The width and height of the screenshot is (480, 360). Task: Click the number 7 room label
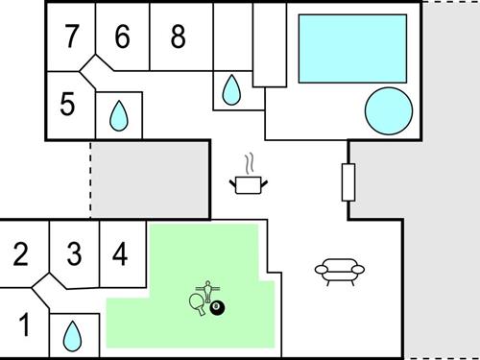(71, 36)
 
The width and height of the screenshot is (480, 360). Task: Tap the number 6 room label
(121, 36)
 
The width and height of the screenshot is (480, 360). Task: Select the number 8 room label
(178, 36)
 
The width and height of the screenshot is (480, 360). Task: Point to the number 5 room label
(66, 104)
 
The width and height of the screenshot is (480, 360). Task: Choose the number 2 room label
(21, 254)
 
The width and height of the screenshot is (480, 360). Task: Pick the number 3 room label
(74, 254)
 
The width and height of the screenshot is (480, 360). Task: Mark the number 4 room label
(120, 254)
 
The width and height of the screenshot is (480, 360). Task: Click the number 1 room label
(26, 324)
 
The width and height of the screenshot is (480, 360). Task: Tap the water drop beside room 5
(118, 116)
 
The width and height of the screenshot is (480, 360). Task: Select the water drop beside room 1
(72, 335)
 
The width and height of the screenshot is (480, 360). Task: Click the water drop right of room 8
(231, 91)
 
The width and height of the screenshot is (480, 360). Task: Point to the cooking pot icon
(248, 182)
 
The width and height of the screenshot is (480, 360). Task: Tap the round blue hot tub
(388, 111)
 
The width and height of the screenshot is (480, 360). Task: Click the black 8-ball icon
(217, 307)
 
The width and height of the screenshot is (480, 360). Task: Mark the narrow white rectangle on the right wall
(348, 182)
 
